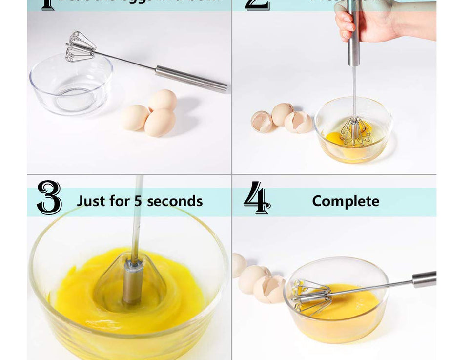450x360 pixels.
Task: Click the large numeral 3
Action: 49,197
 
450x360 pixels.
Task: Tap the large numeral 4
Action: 257,198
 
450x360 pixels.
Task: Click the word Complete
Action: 346,201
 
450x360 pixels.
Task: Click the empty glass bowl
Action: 70,86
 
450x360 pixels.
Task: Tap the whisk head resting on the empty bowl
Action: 80,47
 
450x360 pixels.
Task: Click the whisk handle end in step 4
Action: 424,279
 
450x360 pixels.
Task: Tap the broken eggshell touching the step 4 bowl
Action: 270,288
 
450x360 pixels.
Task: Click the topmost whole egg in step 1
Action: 163,100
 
